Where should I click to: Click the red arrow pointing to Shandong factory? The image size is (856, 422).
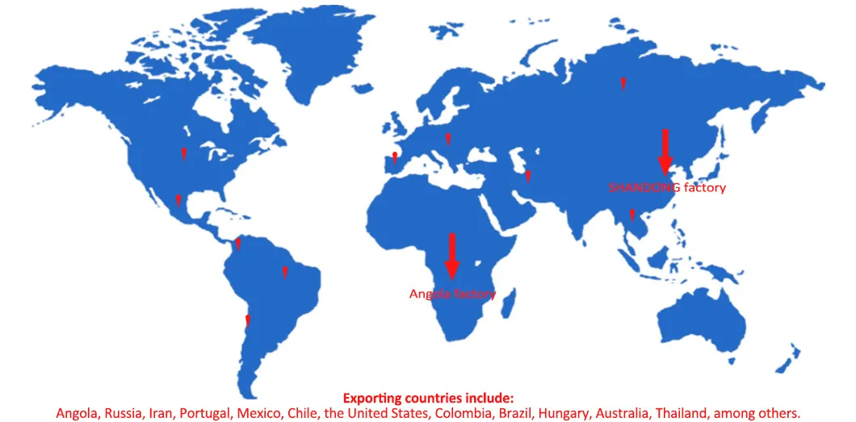(665, 151)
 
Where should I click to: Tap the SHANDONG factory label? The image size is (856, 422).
(666, 187)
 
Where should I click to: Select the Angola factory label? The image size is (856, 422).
(452, 294)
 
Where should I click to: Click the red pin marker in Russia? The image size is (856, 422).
(623, 82)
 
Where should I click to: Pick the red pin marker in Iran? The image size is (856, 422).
(527, 175)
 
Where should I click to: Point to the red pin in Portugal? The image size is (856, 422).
(394, 158)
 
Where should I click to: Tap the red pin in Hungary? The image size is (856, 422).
(448, 138)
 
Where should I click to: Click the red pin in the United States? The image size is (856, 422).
(183, 152)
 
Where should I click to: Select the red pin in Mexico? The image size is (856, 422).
(178, 199)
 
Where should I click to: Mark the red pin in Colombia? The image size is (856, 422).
(237, 242)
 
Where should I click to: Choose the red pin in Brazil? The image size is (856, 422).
(284, 271)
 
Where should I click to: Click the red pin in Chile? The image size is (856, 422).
(248, 321)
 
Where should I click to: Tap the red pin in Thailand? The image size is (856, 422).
(632, 215)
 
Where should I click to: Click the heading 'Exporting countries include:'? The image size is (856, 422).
(428, 398)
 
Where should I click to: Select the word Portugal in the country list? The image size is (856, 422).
(205, 413)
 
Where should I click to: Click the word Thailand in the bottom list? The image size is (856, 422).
(682, 413)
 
